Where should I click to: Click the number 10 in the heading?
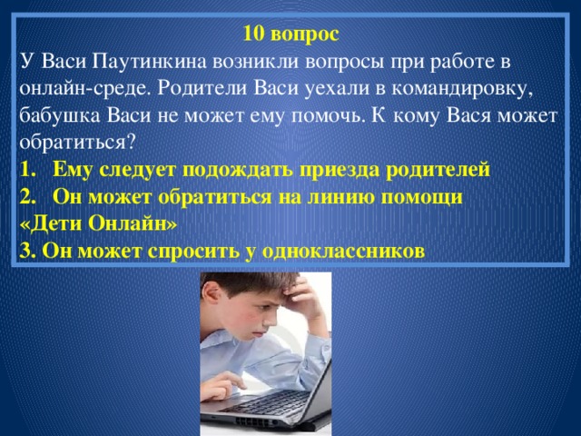[x=253, y=35]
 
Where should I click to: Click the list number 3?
[x=25, y=250]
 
